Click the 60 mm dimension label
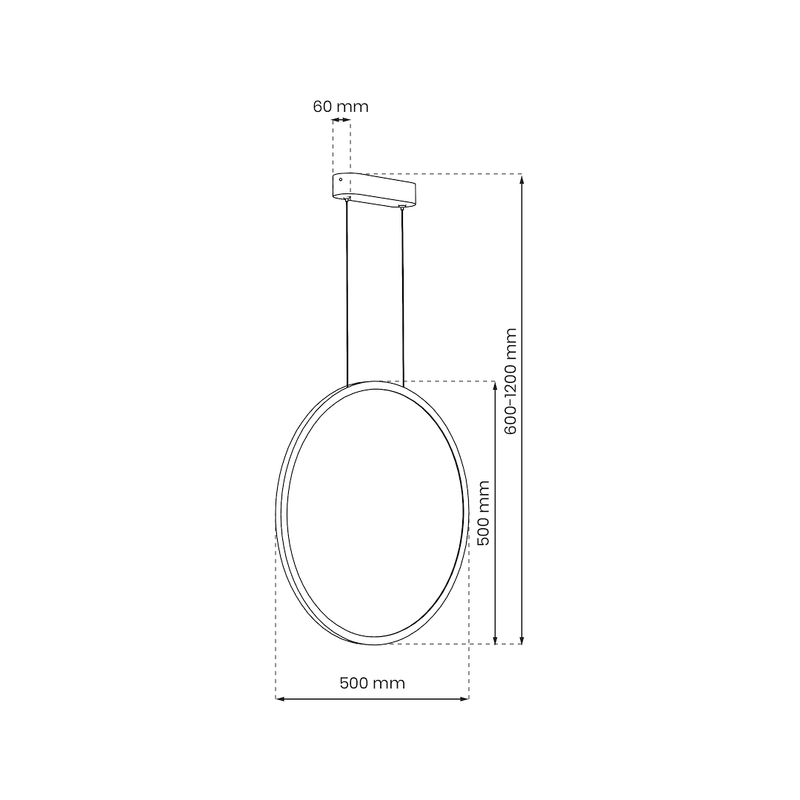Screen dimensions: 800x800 340,106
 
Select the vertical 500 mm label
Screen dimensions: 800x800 482,512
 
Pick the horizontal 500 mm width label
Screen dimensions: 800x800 372,684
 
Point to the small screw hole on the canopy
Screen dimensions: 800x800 341,181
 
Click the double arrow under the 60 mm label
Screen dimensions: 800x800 342,121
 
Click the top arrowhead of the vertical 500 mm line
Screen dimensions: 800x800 496,385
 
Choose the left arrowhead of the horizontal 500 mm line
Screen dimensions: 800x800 280,698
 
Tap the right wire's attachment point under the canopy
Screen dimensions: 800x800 403,208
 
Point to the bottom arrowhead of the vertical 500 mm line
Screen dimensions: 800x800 496,640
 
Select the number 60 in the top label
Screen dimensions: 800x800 321,106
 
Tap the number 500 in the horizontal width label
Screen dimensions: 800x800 356,684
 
